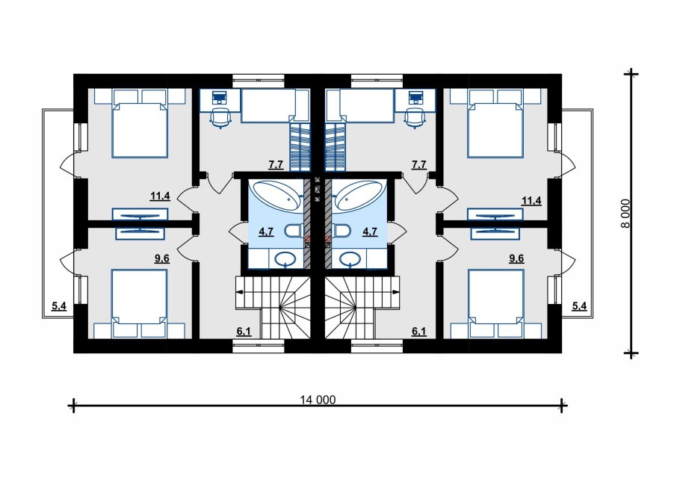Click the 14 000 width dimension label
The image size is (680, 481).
318,400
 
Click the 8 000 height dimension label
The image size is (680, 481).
625,214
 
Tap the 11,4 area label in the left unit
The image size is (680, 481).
160,196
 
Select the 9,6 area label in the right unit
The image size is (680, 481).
516,258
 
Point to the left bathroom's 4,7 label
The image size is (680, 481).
266,232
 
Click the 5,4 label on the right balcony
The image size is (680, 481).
579,306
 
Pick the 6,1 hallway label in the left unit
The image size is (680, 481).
244,332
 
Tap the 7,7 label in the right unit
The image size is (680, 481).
419,165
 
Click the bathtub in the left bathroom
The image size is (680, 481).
276,196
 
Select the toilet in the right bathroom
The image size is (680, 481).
341,231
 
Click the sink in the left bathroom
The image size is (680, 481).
285,260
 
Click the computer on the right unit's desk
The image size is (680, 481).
416,96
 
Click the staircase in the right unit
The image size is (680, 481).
361,308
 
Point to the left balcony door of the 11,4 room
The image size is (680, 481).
67,164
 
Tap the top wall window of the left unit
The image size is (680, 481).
259,79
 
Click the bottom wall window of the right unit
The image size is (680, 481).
377,345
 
